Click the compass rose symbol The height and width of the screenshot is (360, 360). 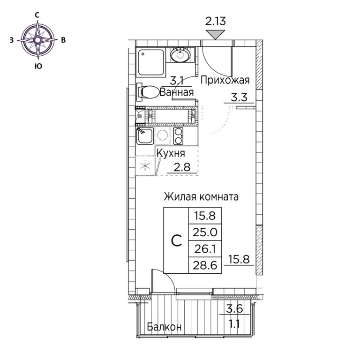click(38, 40)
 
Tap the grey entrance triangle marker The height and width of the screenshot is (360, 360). click(215, 35)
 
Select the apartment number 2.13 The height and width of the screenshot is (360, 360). click(215, 21)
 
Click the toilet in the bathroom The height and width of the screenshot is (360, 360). click(148, 92)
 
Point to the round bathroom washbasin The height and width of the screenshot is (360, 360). click(180, 55)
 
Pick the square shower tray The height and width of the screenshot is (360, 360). click(150, 62)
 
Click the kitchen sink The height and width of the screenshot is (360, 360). click(145, 136)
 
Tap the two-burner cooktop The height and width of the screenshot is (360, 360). click(179, 136)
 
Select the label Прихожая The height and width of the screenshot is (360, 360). click(225, 81)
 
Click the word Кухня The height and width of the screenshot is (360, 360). click(171, 154)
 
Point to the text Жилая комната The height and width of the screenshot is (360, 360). click(201, 197)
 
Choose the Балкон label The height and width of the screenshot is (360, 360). click(164, 326)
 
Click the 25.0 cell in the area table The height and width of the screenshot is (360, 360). click(205, 232)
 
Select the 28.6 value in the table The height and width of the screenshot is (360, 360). click(205, 265)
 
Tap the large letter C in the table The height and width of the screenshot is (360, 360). click(177, 240)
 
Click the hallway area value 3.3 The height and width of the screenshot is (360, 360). click(239, 97)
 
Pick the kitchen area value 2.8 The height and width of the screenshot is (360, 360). click(182, 167)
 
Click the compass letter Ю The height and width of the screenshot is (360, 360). click(38, 66)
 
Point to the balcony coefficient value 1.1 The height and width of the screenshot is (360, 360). click(235, 324)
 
